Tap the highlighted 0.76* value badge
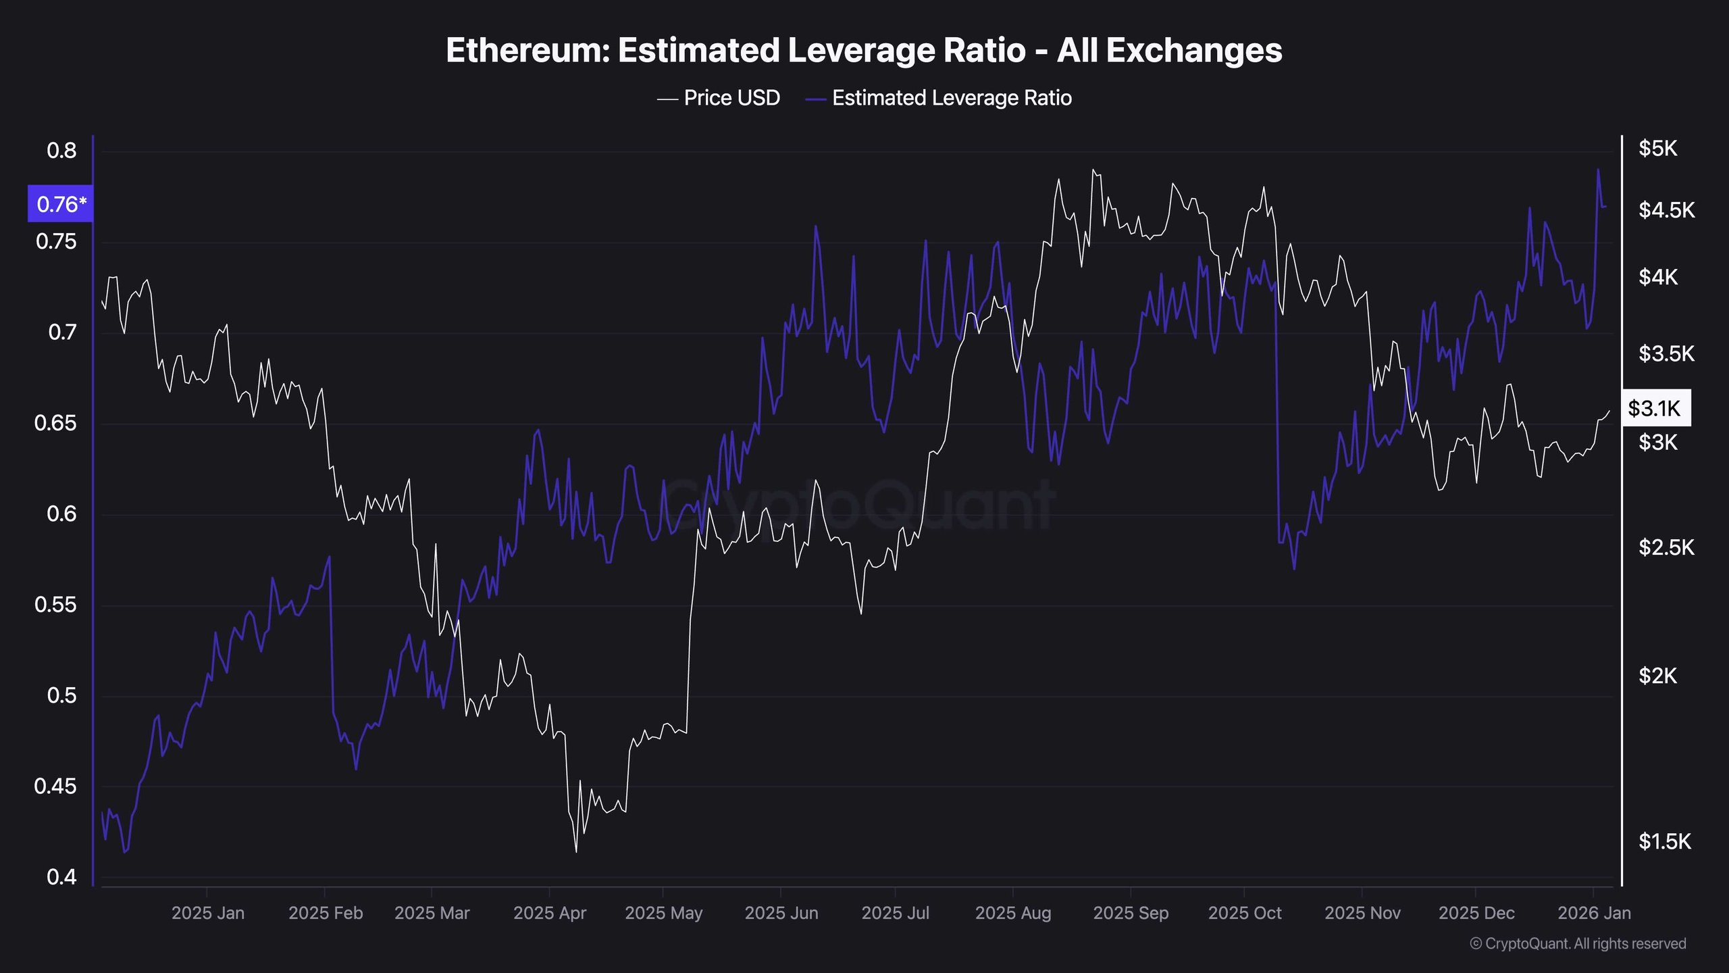61,204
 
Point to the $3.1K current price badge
1655,408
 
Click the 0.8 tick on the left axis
61,151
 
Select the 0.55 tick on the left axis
55,605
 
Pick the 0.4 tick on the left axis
61,877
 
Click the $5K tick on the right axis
1657,149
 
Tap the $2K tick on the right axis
1657,676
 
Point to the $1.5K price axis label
1665,842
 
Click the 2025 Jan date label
208,913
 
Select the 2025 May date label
663,913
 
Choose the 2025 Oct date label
1244,913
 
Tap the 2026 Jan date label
1594,913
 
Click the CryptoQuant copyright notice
1578,944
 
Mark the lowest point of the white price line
576,851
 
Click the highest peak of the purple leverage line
1598,170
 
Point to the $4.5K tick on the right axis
1666,210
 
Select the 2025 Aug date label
1013,913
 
